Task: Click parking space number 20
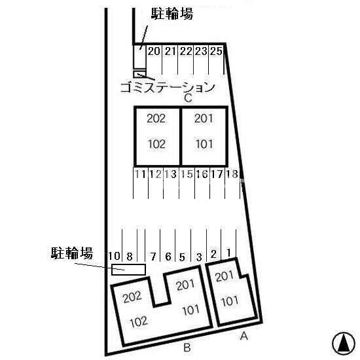(x=154, y=51)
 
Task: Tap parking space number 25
(x=216, y=51)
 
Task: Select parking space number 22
(x=186, y=51)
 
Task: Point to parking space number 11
(x=140, y=174)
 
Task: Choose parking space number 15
(x=187, y=174)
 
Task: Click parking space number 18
(x=232, y=174)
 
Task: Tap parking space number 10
(x=114, y=256)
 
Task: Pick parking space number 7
(x=153, y=257)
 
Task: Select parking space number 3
(x=199, y=257)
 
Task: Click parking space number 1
(x=228, y=253)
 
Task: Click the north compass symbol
(x=344, y=343)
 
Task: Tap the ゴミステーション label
(x=168, y=87)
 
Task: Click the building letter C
(x=188, y=98)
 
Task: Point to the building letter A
(x=244, y=336)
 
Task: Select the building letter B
(x=187, y=348)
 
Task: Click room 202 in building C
(x=156, y=118)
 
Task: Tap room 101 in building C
(x=204, y=144)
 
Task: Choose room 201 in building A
(x=225, y=276)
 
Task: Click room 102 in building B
(x=139, y=322)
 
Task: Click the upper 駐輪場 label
(x=172, y=14)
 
